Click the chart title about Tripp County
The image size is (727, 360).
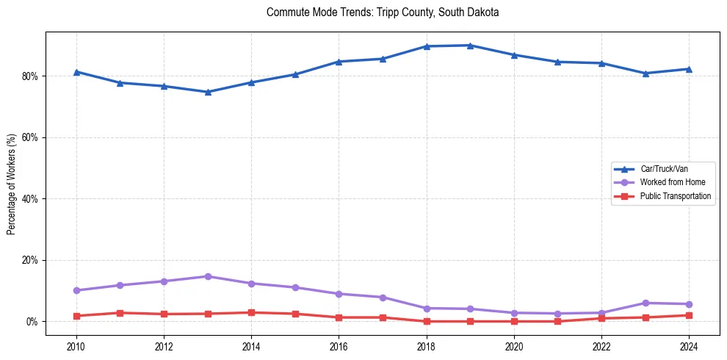point(383,12)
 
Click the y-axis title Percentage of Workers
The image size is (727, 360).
point(11,184)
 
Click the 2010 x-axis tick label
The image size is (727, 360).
point(76,345)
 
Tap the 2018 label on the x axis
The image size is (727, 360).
point(427,345)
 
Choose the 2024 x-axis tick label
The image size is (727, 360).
point(689,345)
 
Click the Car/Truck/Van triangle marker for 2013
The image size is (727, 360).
point(208,92)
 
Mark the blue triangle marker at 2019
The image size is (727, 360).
point(470,46)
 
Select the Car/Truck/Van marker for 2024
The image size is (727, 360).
point(689,69)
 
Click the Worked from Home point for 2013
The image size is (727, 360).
point(208,276)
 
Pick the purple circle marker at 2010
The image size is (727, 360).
point(76,290)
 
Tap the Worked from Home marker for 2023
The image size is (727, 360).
point(645,303)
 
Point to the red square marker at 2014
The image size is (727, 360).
point(252,312)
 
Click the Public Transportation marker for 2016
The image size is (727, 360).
point(339,317)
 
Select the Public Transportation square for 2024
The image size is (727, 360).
point(689,315)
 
